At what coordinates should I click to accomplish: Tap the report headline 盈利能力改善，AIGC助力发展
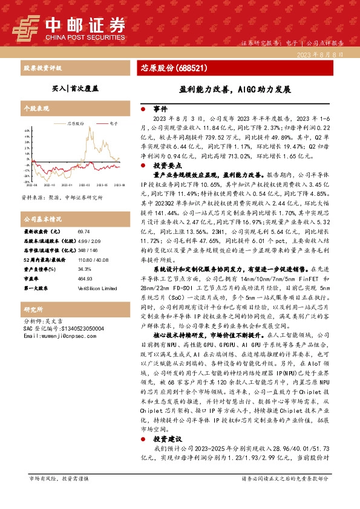[235, 89]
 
